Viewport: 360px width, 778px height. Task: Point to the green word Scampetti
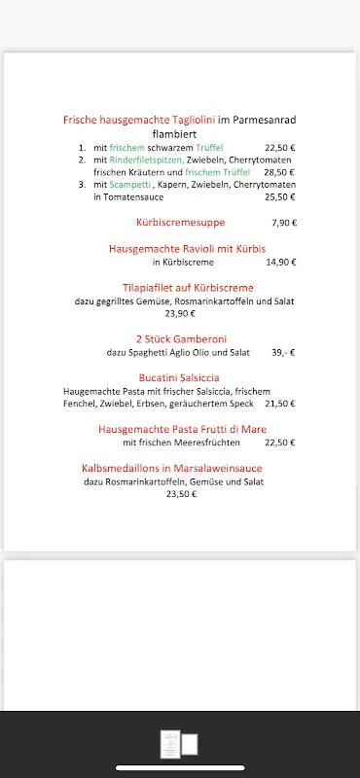pos(129,184)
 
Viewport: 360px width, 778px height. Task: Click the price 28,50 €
pos(279,171)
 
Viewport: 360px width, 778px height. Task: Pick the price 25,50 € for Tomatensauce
pos(279,196)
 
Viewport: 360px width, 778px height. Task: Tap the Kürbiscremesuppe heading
pos(180,223)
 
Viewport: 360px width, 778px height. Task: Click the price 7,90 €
pos(284,223)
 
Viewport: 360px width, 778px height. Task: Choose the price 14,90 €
pos(280,262)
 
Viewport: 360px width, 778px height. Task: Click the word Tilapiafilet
pos(153,288)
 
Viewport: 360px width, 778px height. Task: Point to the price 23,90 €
pos(180,313)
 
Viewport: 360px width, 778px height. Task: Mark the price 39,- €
pos(283,352)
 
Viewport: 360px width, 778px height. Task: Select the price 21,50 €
pos(279,403)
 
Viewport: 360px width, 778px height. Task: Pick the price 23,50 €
pos(181,494)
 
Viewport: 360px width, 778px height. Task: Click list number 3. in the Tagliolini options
pos(83,184)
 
